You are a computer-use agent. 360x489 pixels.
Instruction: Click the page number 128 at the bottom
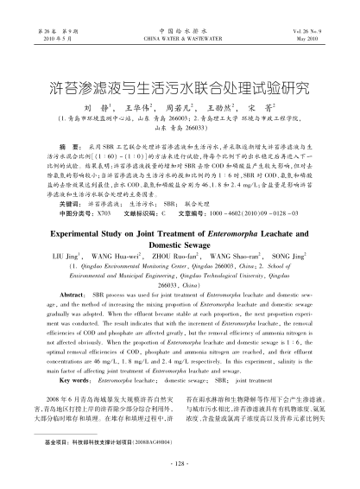point(180,463)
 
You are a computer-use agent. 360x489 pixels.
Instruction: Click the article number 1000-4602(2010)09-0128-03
point(249,210)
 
